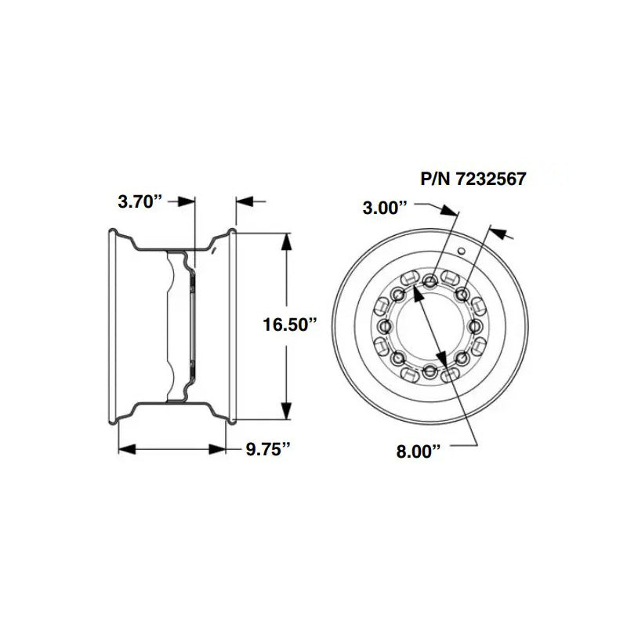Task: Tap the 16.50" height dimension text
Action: pyautogui.click(x=289, y=325)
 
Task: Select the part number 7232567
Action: pyautogui.click(x=473, y=178)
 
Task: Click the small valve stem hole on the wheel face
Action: pyautogui.click(x=462, y=252)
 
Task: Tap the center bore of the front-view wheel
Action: pyautogui.click(x=430, y=326)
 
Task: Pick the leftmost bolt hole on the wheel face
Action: pyautogui.click(x=384, y=326)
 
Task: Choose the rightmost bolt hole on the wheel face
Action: pyautogui.click(x=477, y=326)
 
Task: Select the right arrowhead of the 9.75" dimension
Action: pyautogui.click(x=221, y=449)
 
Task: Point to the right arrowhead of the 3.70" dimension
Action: pyautogui.click(x=244, y=201)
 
